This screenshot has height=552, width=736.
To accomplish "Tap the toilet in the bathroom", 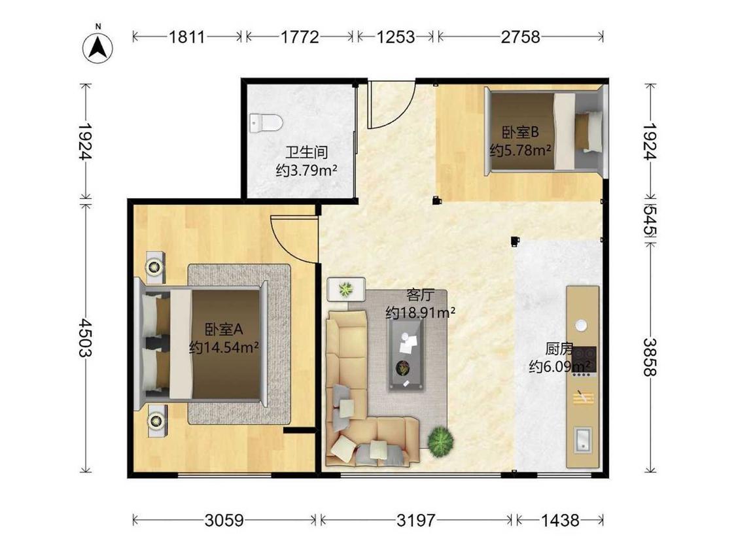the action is click(266, 124).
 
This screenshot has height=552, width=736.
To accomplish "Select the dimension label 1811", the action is click(187, 37).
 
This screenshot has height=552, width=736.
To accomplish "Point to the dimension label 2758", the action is click(521, 37).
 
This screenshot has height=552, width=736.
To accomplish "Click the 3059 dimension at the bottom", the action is click(224, 520).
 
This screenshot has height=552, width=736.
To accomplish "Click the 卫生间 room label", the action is click(307, 152).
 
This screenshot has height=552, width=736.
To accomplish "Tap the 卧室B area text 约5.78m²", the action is click(520, 150).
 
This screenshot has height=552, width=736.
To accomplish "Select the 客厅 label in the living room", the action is click(420, 295).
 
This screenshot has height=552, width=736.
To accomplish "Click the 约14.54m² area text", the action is click(224, 347).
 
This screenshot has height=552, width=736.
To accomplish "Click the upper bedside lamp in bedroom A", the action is click(154, 267).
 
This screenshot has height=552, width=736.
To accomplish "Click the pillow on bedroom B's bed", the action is click(589, 131).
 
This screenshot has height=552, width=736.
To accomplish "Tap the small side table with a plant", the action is click(346, 290).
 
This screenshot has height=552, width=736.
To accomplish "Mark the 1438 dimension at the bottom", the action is click(560, 520).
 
